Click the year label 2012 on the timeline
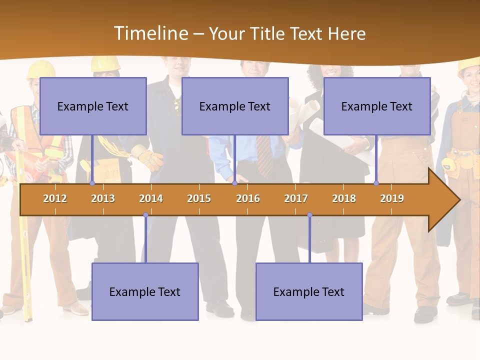tap(55, 198)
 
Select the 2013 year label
tap(103, 198)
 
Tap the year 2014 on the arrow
tap(151, 198)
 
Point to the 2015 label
tap(199, 198)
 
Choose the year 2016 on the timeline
tap(248, 198)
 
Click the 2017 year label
tap(296, 198)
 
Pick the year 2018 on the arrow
tap(344, 198)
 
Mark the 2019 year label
tap(392, 198)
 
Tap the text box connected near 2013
tap(93, 106)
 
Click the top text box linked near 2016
tap(235, 106)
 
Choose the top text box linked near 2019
tap(377, 106)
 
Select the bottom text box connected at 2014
tap(145, 291)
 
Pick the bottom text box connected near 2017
tap(309, 291)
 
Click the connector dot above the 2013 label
tap(92, 183)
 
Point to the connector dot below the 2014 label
tap(145, 215)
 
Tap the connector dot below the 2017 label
tap(309, 215)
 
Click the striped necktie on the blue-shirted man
tap(263, 155)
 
